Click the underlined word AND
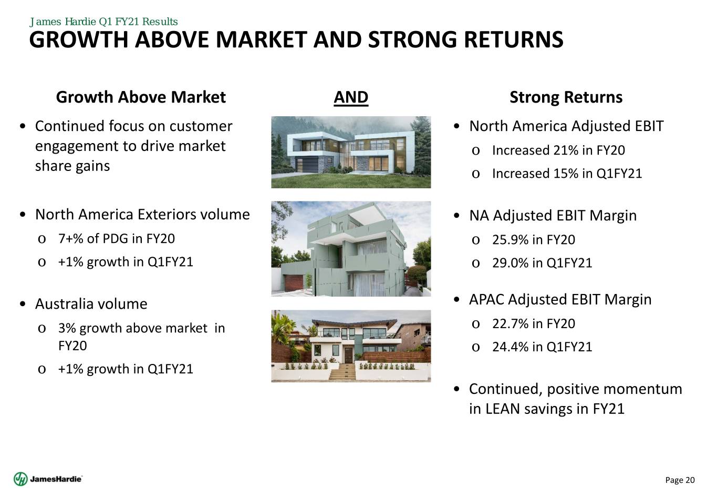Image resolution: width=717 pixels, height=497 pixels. [x=351, y=97]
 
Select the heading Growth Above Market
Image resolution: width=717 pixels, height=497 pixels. [x=141, y=97]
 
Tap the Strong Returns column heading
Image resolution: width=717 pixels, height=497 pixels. [x=566, y=97]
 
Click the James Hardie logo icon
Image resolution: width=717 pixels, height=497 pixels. [x=20, y=479]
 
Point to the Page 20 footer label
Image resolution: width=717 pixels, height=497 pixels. [x=680, y=480]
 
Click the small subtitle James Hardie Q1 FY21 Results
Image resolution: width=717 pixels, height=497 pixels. [x=103, y=22]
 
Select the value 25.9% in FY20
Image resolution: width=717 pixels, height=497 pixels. [x=534, y=240]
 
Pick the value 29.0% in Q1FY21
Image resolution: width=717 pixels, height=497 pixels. [x=542, y=263]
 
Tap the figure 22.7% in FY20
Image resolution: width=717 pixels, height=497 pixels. [x=534, y=323]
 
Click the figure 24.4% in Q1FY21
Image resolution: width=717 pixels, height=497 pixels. [x=542, y=347]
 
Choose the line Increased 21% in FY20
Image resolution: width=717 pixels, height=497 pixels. [x=558, y=150]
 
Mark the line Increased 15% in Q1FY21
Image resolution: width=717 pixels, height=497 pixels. [x=567, y=174]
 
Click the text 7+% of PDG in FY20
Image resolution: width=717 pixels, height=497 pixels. [x=117, y=239]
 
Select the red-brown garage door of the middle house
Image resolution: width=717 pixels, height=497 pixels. [x=294, y=282]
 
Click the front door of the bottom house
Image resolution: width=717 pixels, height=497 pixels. [x=349, y=355]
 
